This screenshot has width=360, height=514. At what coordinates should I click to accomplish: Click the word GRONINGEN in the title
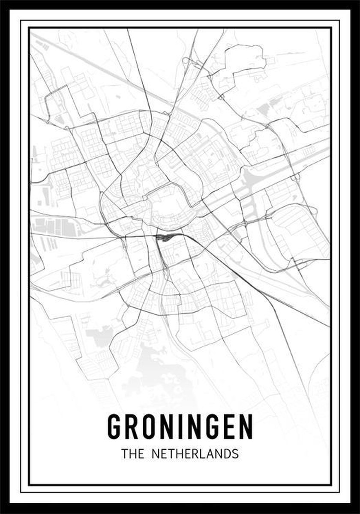(180, 426)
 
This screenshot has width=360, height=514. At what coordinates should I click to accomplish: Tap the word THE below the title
(132, 454)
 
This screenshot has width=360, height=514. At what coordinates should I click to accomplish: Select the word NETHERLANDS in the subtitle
(195, 454)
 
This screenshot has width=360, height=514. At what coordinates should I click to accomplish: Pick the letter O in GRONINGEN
(148, 426)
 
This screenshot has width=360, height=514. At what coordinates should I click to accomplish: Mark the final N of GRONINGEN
(246, 426)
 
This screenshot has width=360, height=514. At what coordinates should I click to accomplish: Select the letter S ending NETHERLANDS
(234, 454)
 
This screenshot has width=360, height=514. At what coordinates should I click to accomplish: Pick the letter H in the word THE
(132, 454)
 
